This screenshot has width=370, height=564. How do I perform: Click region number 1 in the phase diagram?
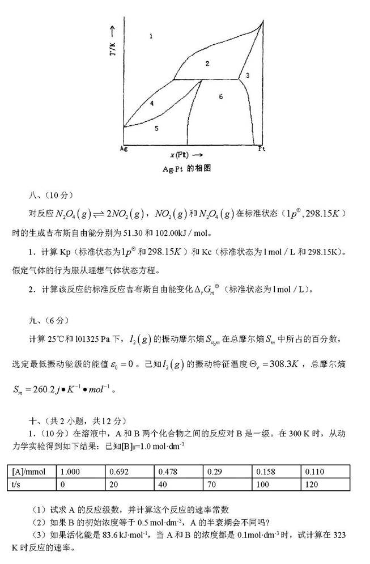(x=151, y=37)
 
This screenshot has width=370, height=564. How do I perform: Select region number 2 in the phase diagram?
(x=207, y=63)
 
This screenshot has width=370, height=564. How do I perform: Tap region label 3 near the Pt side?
(x=248, y=75)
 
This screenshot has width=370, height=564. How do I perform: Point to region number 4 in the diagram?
(x=152, y=103)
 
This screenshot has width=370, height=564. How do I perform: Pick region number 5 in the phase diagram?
(x=156, y=129)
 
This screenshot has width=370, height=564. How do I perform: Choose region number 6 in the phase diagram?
(x=221, y=97)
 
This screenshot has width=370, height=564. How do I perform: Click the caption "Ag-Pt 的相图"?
(x=185, y=168)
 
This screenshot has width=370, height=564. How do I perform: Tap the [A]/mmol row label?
(x=32, y=472)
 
